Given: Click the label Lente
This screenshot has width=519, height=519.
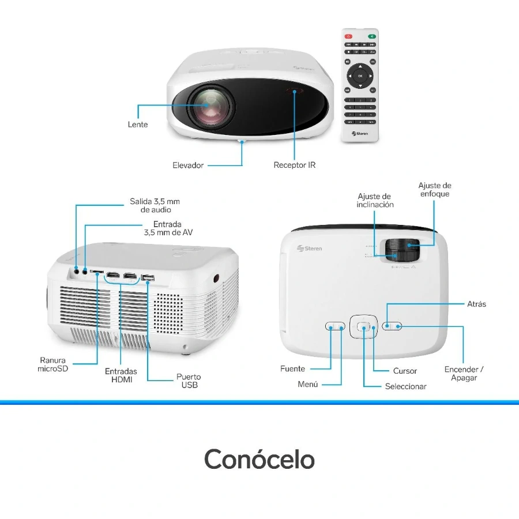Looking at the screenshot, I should [x=137, y=125].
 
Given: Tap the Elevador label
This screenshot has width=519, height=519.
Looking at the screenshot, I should [x=188, y=166].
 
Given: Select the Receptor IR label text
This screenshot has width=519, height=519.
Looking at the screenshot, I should [x=294, y=166].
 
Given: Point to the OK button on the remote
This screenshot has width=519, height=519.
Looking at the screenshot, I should [x=360, y=76].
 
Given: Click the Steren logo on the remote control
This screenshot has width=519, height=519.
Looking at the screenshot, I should [x=360, y=133].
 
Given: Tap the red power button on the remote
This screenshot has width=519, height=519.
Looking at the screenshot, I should [x=348, y=36].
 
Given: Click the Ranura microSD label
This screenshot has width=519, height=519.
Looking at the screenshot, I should [x=52, y=364].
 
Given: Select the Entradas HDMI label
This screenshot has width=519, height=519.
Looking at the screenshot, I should [x=121, y=375].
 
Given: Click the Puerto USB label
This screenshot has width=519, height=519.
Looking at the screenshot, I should [x=189, y=381].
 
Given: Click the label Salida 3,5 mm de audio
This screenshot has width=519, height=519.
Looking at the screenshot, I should [x=155, y=206].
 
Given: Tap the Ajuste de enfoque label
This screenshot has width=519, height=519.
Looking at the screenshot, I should [x=434, y=190].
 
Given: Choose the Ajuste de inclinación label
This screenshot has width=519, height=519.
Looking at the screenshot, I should [x=375, y=201].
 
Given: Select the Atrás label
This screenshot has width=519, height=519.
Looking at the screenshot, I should [x=476, y=304].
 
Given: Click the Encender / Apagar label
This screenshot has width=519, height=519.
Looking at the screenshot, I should [x=464, y=374].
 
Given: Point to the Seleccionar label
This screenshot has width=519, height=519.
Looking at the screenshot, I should [x=405, y=386].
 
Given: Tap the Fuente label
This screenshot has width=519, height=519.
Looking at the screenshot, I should [x=292, y=368].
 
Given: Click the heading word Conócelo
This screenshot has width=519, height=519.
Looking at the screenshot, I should [x=259, y=460].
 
